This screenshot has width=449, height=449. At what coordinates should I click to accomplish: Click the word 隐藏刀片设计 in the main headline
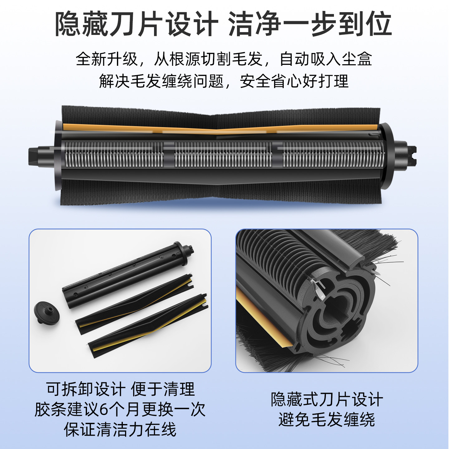(x=136, y=24)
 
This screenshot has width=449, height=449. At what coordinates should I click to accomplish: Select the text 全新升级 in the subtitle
(x=107, y=59)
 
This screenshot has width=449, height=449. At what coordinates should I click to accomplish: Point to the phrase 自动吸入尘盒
(x=326, y=59)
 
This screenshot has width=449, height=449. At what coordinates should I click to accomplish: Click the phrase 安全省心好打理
(x=294, y=81)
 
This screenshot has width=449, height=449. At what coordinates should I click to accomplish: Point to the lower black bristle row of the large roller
(x=218, y=193)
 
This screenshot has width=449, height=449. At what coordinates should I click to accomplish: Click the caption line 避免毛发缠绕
(x=326, y=419)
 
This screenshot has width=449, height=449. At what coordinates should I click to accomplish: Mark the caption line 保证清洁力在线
(x=120, y=429)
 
